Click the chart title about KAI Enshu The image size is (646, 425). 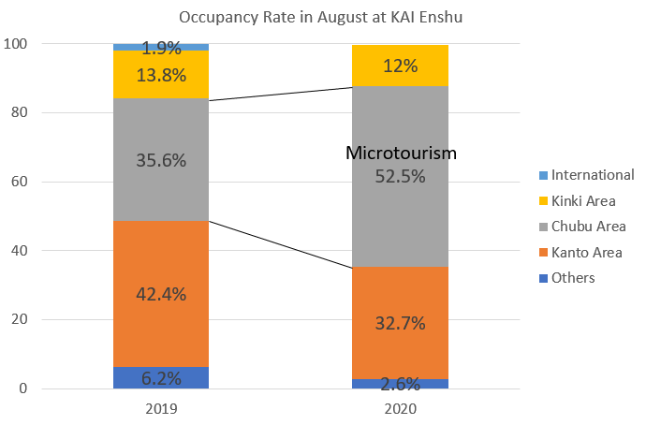(323, 16)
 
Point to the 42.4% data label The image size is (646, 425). (160, 294)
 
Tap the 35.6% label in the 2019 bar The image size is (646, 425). (160, 160)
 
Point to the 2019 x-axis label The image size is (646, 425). (160, 409)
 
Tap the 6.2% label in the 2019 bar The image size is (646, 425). (160, 379)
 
